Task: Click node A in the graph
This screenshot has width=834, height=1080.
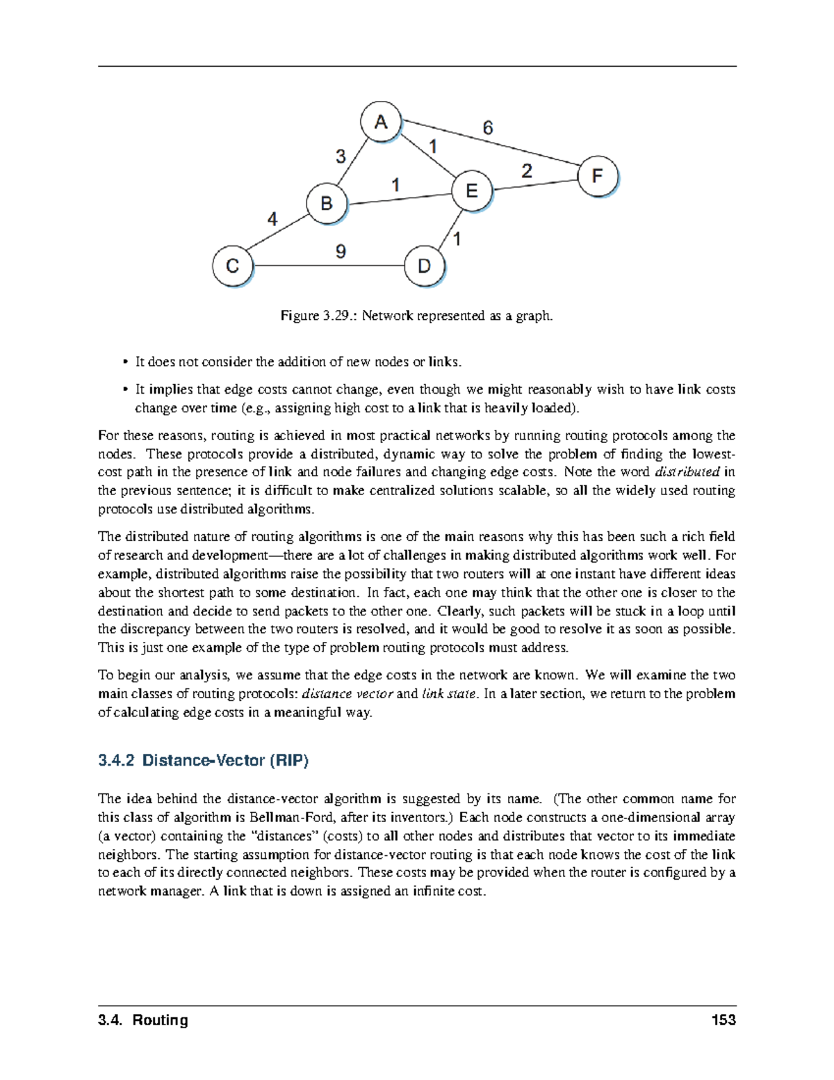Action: [x=381, y=122]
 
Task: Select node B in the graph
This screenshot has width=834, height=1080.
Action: [x=326, y=204]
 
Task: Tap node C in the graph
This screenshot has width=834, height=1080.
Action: [x=233, y=266]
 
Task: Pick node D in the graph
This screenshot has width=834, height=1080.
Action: [x=424, y=266]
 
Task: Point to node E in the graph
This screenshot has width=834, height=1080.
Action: [x=471, y=190]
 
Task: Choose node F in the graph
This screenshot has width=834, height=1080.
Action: [x=597, y=176]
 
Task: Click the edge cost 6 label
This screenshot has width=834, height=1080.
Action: [x=488, y=128]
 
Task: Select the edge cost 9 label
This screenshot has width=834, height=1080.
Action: [x=341, y=251]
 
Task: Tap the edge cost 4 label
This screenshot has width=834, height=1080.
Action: [x=272, y=219]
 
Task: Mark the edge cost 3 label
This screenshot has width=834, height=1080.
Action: [x=341, y=156]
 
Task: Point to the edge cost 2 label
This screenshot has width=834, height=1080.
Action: [x=527, y=171]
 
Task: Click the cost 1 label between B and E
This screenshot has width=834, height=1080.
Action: [x=395, y=185]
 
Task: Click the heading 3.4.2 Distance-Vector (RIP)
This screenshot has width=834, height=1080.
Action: [x=204, y=761]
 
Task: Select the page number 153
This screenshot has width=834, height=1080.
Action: [x=723, y=1020]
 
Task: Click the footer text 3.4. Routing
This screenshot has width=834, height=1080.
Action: [x=143, y=1020]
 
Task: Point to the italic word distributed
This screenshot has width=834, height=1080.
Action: [x=687, y=472]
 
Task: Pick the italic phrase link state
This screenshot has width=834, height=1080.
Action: [x=449, y=694]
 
